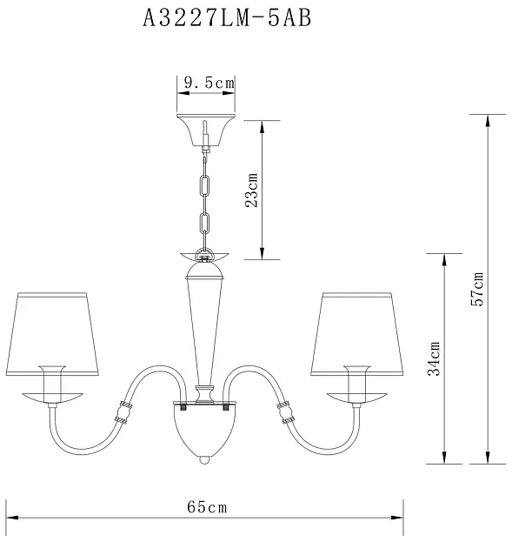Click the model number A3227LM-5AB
click(227, 18)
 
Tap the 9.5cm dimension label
click(209, 83)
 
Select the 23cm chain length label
click(252, 190)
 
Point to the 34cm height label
click(434, 358)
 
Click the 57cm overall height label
click(477, 290)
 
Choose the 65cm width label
click(207, 507)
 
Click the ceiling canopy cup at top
click(206, 130)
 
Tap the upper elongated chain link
click(205, 185)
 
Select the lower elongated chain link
click(205, 224)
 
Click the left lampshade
click(52, 334)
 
